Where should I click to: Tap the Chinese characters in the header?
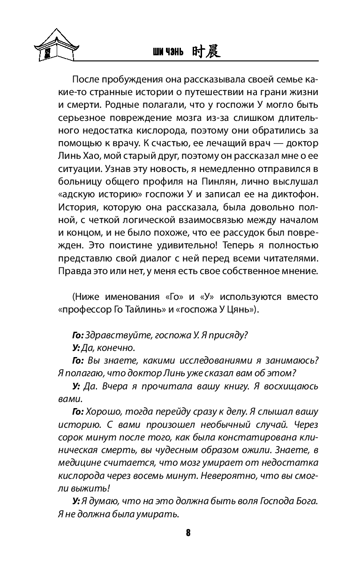tap(206, 52)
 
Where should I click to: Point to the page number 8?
tap(188, 532)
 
